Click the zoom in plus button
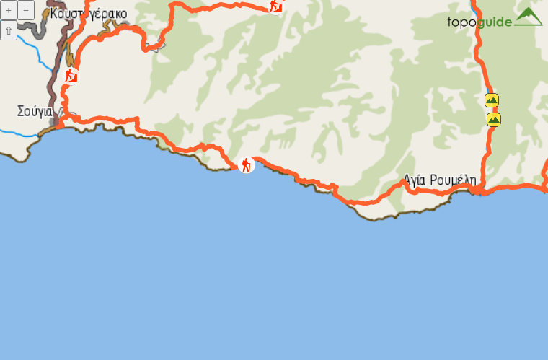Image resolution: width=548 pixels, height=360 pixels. (x=9, y=11)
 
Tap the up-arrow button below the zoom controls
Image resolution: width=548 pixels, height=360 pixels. (x=9, y=30)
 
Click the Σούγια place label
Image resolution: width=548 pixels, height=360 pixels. (x=35, y=112)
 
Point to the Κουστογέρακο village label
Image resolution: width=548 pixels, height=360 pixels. (x=89, y=14)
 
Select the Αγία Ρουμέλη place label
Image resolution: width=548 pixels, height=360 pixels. (x=440, y=180)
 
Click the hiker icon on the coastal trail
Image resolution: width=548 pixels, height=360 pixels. (x=247, y=165)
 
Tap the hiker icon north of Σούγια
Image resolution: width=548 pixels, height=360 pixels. (x=71, y=74)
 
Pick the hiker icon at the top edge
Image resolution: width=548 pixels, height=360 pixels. (x=275, y=5)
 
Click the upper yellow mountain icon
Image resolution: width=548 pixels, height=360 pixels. (x=492, y=100)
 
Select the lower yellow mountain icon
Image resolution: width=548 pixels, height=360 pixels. (x=493, y=119)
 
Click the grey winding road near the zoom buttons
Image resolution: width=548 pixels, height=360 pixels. (x=32, y=29)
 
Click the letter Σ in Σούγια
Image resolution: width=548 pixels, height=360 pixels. (x=21, y=112)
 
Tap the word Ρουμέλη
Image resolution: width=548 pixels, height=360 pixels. (x=454, y=180)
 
